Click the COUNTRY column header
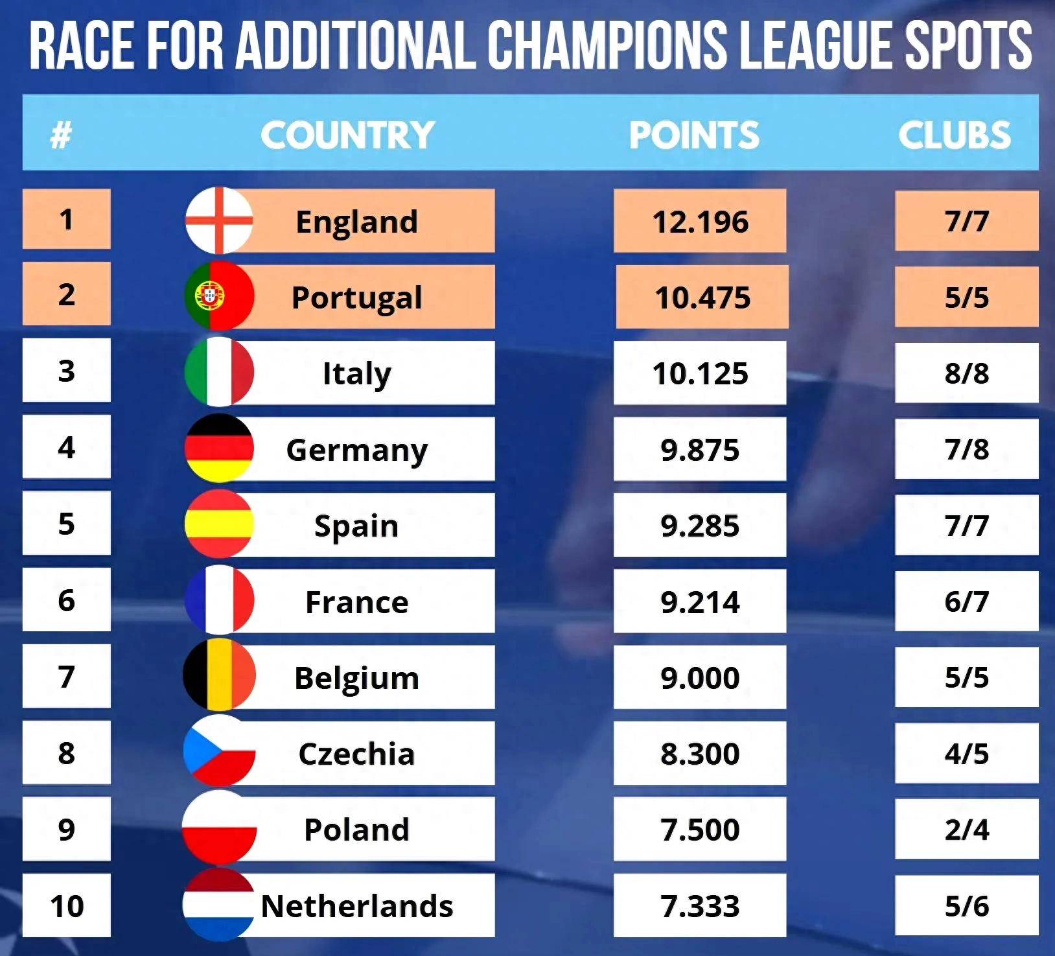point(347,135)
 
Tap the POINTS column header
point(694,135)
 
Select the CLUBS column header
point(954,135)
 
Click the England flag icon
point(219,220)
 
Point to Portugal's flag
point(219,296)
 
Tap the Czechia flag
point(219,752)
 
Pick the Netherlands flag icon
point(219,905)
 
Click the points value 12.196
point(700,222)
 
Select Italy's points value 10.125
point(700,374)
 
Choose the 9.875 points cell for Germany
point(700,450)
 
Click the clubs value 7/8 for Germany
point(966,449)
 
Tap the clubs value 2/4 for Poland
point(966,830)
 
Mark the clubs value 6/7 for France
point(966,601)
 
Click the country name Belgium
point(356,678)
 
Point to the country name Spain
point(356,526)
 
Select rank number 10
point(67,905)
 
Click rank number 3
point(67,371)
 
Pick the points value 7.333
point(700,906)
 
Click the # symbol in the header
point(60,135)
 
